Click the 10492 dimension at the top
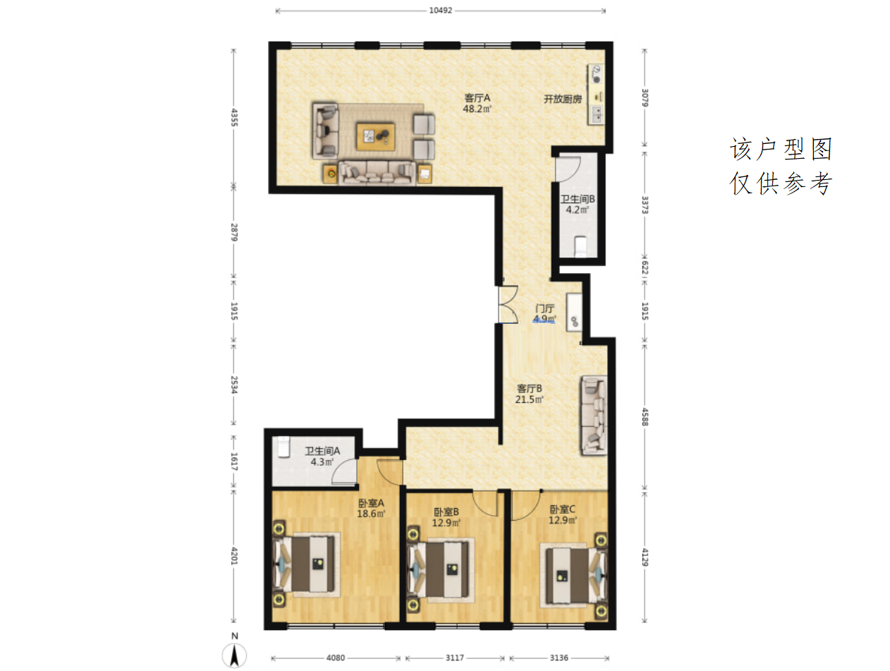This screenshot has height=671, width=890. tap(440, 11)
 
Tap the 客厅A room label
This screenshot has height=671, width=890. tap(477, 98)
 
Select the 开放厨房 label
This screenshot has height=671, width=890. tap(562, 99)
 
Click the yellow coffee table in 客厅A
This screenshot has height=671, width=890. tap(375, 137)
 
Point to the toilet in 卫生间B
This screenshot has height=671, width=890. tap(580, 246)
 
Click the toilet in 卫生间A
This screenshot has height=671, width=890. tap(283, 447)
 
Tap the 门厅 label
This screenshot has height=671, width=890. tap(544, 308)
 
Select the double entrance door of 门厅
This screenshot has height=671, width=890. tap(507, 304)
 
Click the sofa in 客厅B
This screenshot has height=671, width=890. tap(595, 415)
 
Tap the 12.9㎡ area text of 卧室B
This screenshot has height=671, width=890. tap(446, 523)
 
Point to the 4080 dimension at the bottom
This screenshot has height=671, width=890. tap(336, 658)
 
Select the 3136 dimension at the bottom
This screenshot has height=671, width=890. tap(559, 658)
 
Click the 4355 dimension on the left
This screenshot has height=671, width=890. tap(234, 117)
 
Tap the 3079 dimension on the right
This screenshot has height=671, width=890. tap(645, 97)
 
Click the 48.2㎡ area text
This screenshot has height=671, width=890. tap(477, 109)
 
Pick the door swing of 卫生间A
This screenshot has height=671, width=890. tap(344, 472)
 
